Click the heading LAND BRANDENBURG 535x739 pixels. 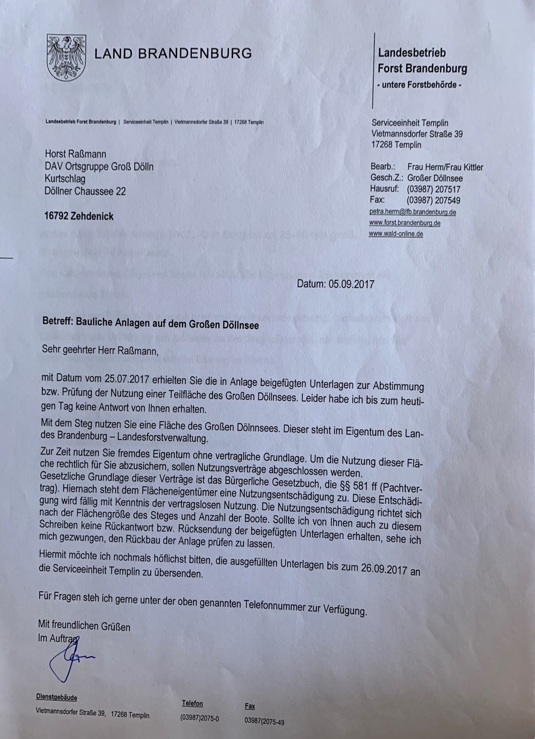point(173,54)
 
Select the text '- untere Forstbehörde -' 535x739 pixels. point(419,85)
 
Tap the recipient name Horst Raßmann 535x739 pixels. point(75,154)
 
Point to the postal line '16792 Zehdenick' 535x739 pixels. point(79,217)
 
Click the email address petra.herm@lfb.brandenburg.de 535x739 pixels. point(412,212)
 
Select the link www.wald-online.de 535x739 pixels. point(396,234)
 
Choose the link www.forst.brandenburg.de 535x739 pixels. point(404,223)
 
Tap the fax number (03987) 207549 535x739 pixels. point(434,201)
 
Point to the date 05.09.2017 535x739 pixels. point(351,284)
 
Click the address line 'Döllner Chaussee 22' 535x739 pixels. point(85,191)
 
